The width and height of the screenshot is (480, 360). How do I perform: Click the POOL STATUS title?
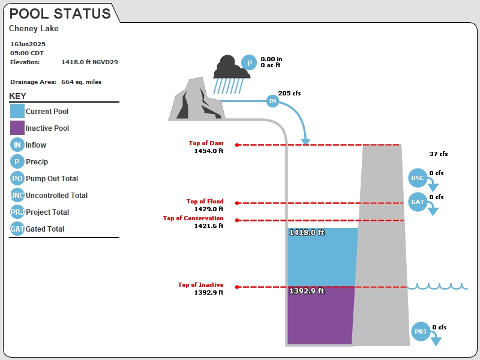pos(60,14)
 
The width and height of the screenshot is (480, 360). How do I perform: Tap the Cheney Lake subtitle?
pos(34,28)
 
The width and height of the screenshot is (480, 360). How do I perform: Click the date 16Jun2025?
pos(28,44)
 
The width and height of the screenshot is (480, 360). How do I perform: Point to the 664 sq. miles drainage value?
pos(82,82)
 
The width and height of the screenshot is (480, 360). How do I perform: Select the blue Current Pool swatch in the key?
pos(17,111)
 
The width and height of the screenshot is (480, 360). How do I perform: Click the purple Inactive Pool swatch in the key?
pos(17,128)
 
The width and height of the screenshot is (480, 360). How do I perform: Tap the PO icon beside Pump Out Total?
pos(17,178)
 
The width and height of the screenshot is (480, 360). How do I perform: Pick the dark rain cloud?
pos(231,67)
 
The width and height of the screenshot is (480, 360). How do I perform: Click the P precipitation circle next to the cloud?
pos(249,62)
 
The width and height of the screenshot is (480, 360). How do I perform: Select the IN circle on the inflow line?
pos(272,101)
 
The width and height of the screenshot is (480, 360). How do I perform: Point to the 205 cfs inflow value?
pos(289,94)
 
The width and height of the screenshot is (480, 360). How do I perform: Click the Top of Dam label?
pos(206,143)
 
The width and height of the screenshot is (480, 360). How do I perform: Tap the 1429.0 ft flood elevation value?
pos(209,209)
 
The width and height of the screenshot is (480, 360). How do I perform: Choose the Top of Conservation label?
pos(193,218)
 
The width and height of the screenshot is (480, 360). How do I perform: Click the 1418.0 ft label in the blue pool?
pos(307,232)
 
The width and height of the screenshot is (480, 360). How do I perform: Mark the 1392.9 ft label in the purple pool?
pos(307,291)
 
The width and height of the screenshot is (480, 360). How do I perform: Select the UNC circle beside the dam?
pos(418,178)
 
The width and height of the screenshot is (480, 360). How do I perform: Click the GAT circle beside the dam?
pos(418,202)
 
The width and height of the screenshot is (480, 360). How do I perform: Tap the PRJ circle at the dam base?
pos(421,332)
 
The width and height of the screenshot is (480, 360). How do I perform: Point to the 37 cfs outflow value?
pos(439,154)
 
